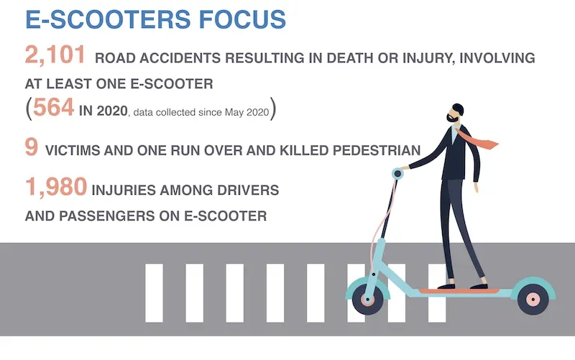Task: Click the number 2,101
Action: point(54,56)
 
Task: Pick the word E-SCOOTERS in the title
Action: point(104,19)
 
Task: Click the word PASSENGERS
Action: point(109,216)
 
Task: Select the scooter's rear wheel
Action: point(533,298)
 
